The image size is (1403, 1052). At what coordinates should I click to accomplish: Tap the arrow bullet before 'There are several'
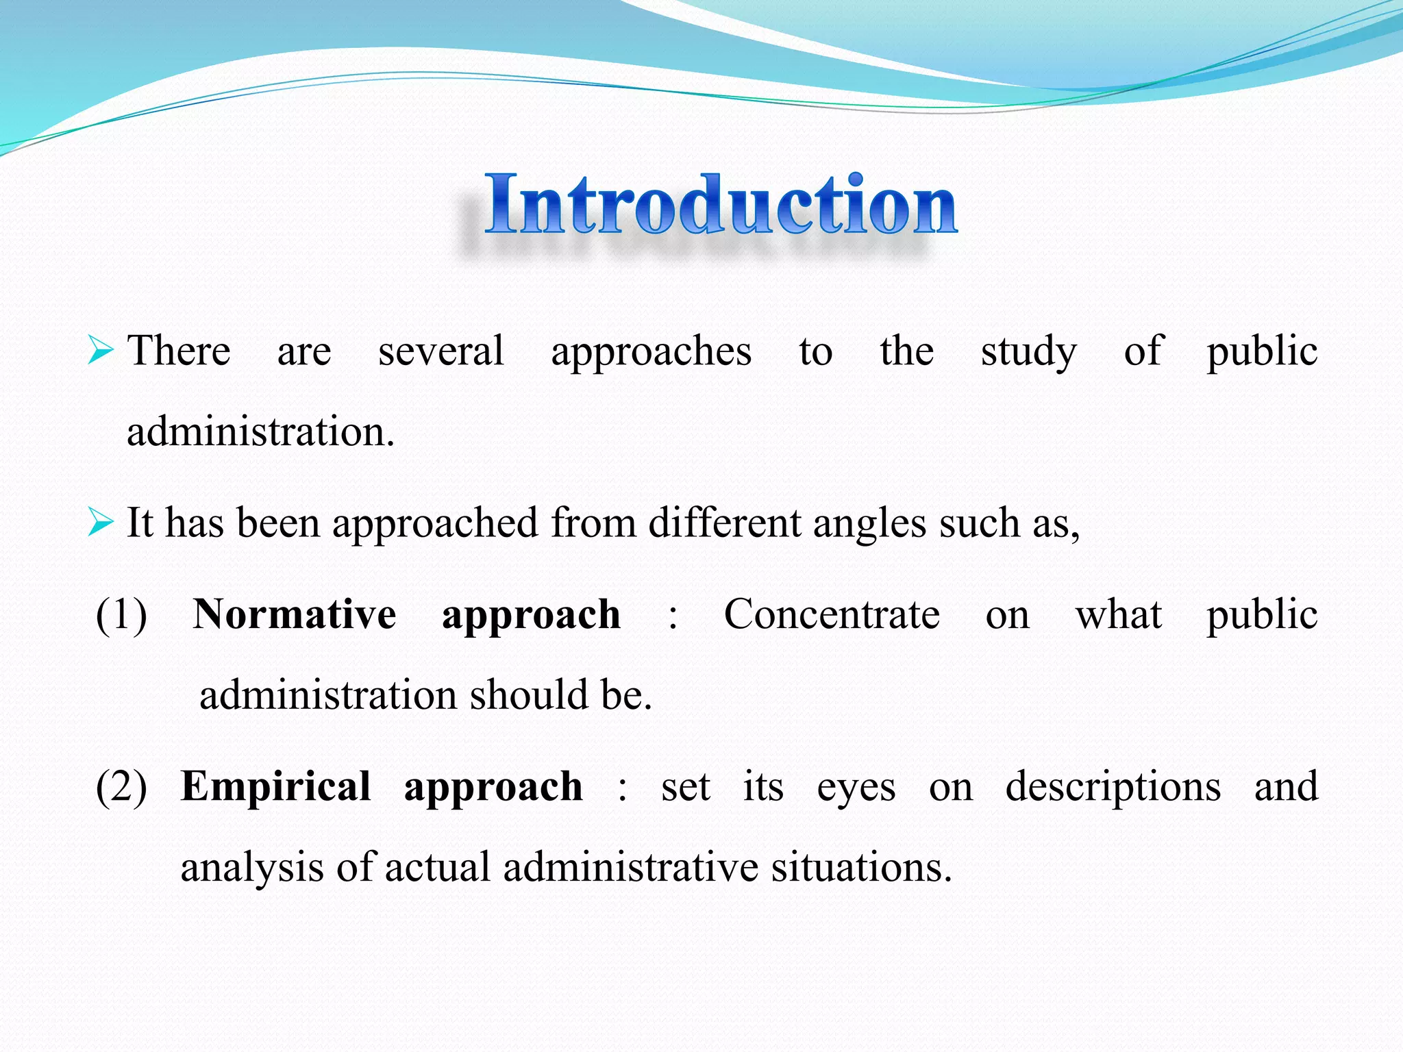[100, 351]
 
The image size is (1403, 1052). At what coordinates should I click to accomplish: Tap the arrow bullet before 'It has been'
[100, 524]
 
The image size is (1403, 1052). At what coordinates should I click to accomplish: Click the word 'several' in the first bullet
[440, 351]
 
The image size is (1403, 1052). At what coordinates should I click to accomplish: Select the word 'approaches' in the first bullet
[651, 353]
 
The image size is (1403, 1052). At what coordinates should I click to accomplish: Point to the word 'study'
[1028, 353]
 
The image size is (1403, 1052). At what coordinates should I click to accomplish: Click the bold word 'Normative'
[294, 614]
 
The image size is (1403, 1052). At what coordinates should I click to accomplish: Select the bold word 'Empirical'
[275, 786]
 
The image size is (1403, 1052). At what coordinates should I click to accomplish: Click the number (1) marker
[121, 614]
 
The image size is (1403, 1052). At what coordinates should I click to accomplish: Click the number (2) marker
[121, 787]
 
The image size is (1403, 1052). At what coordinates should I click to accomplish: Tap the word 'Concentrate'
[831, 614]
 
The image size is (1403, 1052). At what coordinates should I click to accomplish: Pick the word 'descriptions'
[1113, 788]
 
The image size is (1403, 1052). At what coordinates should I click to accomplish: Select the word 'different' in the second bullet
[724, 523]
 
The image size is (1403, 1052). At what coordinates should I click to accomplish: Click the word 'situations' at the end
[860, 867]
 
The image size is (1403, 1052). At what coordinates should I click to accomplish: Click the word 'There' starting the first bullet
[179, 351]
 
